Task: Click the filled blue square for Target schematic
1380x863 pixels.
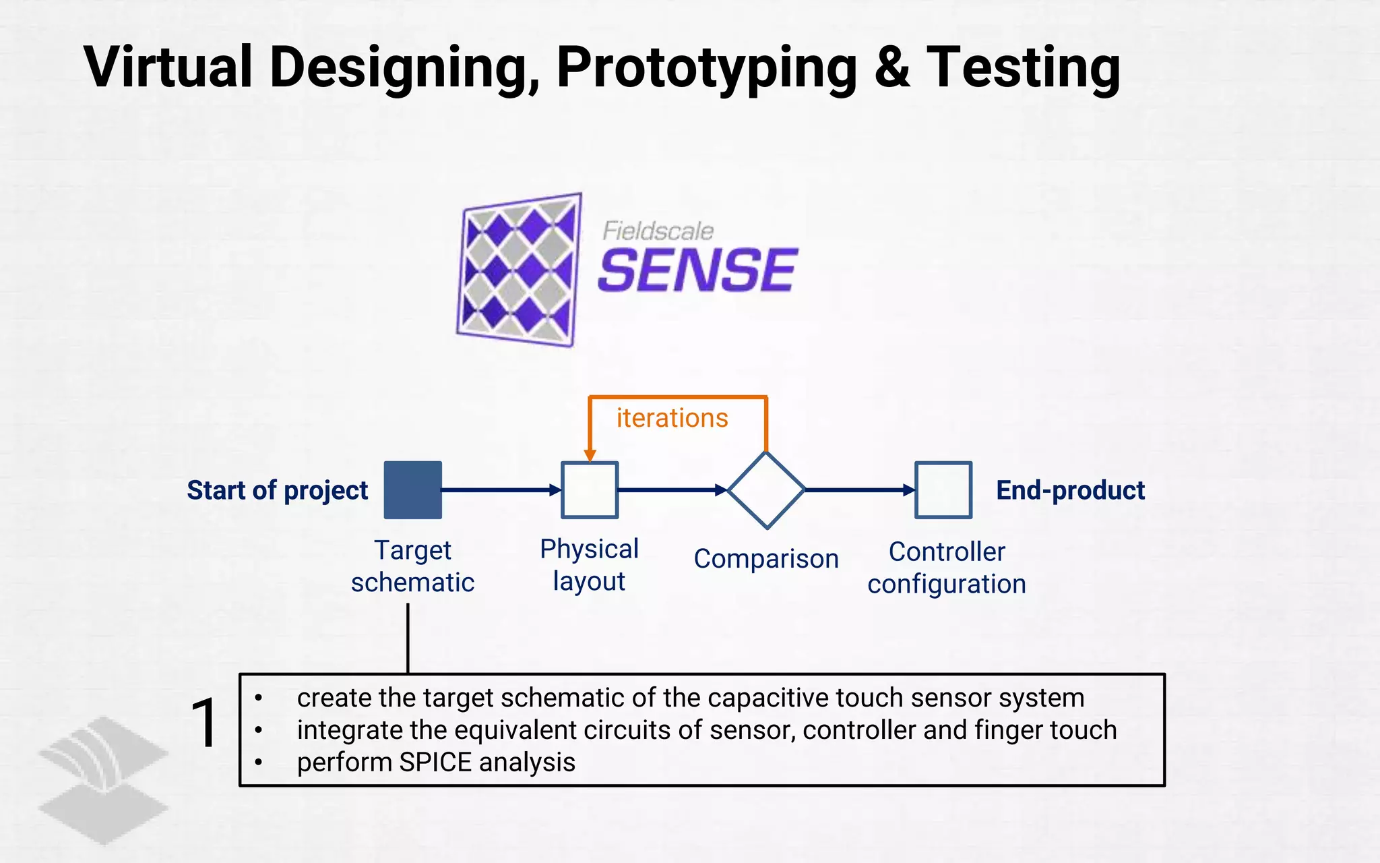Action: click(412, 490)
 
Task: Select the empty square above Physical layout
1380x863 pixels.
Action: click(590, 490)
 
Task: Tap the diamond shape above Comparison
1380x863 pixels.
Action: click(766, 490)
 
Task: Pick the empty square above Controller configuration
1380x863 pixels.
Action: click(943, 490)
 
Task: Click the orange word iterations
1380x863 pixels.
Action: click(672, 419)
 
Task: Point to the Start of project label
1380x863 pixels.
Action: click(277, 490)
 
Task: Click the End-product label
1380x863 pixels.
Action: click(1070, 490)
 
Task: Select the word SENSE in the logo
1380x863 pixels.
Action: click(697, 271)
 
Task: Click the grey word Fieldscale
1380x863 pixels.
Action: click(658, 231)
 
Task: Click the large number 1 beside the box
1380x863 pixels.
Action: click(203, 723)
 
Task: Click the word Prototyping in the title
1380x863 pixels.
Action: click(707, 67)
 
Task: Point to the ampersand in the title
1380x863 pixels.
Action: click(893, 67)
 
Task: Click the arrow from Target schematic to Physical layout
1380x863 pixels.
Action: click(501, 490)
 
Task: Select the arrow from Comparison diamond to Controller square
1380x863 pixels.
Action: click(859, 490)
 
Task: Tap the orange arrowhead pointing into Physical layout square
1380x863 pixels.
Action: click(590, 455)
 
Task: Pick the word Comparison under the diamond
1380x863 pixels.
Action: click(766, 559)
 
